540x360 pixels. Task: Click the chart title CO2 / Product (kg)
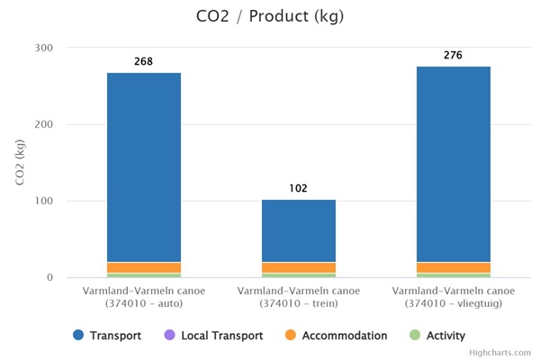tap(269, 16)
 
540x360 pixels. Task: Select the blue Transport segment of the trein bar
tap(299, 230)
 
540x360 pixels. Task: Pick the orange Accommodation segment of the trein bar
tap(299, 267)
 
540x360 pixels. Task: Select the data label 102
tap(299, 188)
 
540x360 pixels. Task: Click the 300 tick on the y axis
tap(44, 48)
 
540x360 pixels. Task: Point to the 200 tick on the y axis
tap(44, 124)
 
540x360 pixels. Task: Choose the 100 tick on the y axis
tap(44, 202)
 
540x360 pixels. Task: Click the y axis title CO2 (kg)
tap(21, 163)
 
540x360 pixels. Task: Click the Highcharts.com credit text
tap(500, 353)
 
